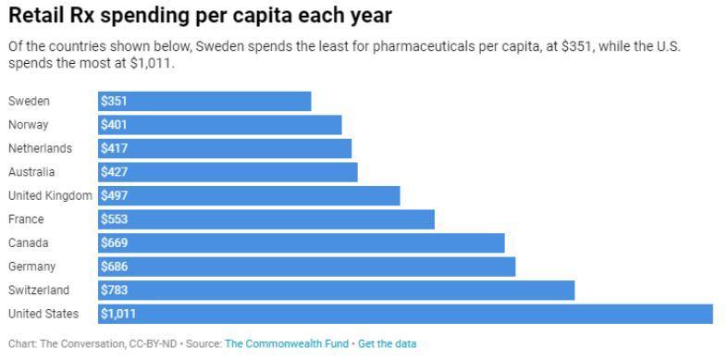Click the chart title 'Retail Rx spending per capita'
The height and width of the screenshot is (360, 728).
[200, 16]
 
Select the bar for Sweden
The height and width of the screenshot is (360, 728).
[204, 101]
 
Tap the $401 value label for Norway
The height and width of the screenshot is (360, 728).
[115, 125]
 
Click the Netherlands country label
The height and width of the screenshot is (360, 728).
[40, 148]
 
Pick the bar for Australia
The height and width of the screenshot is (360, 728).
[228, 172]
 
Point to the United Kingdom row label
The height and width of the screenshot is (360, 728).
[50, 195]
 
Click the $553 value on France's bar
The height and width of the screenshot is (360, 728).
[115, 219]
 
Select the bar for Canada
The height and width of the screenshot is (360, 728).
[302, 242]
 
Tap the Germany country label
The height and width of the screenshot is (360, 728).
[31, 267]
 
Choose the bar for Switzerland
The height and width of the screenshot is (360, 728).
[337, 290]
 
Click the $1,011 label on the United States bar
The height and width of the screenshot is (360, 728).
[118, 314]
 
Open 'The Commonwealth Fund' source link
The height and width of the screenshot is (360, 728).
[287, 344]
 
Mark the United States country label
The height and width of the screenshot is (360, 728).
[43, 314]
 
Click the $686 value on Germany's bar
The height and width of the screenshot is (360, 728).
[115, 267]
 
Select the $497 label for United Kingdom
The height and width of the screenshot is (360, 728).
[115, 195]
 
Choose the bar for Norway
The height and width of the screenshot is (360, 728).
[220, 125]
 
